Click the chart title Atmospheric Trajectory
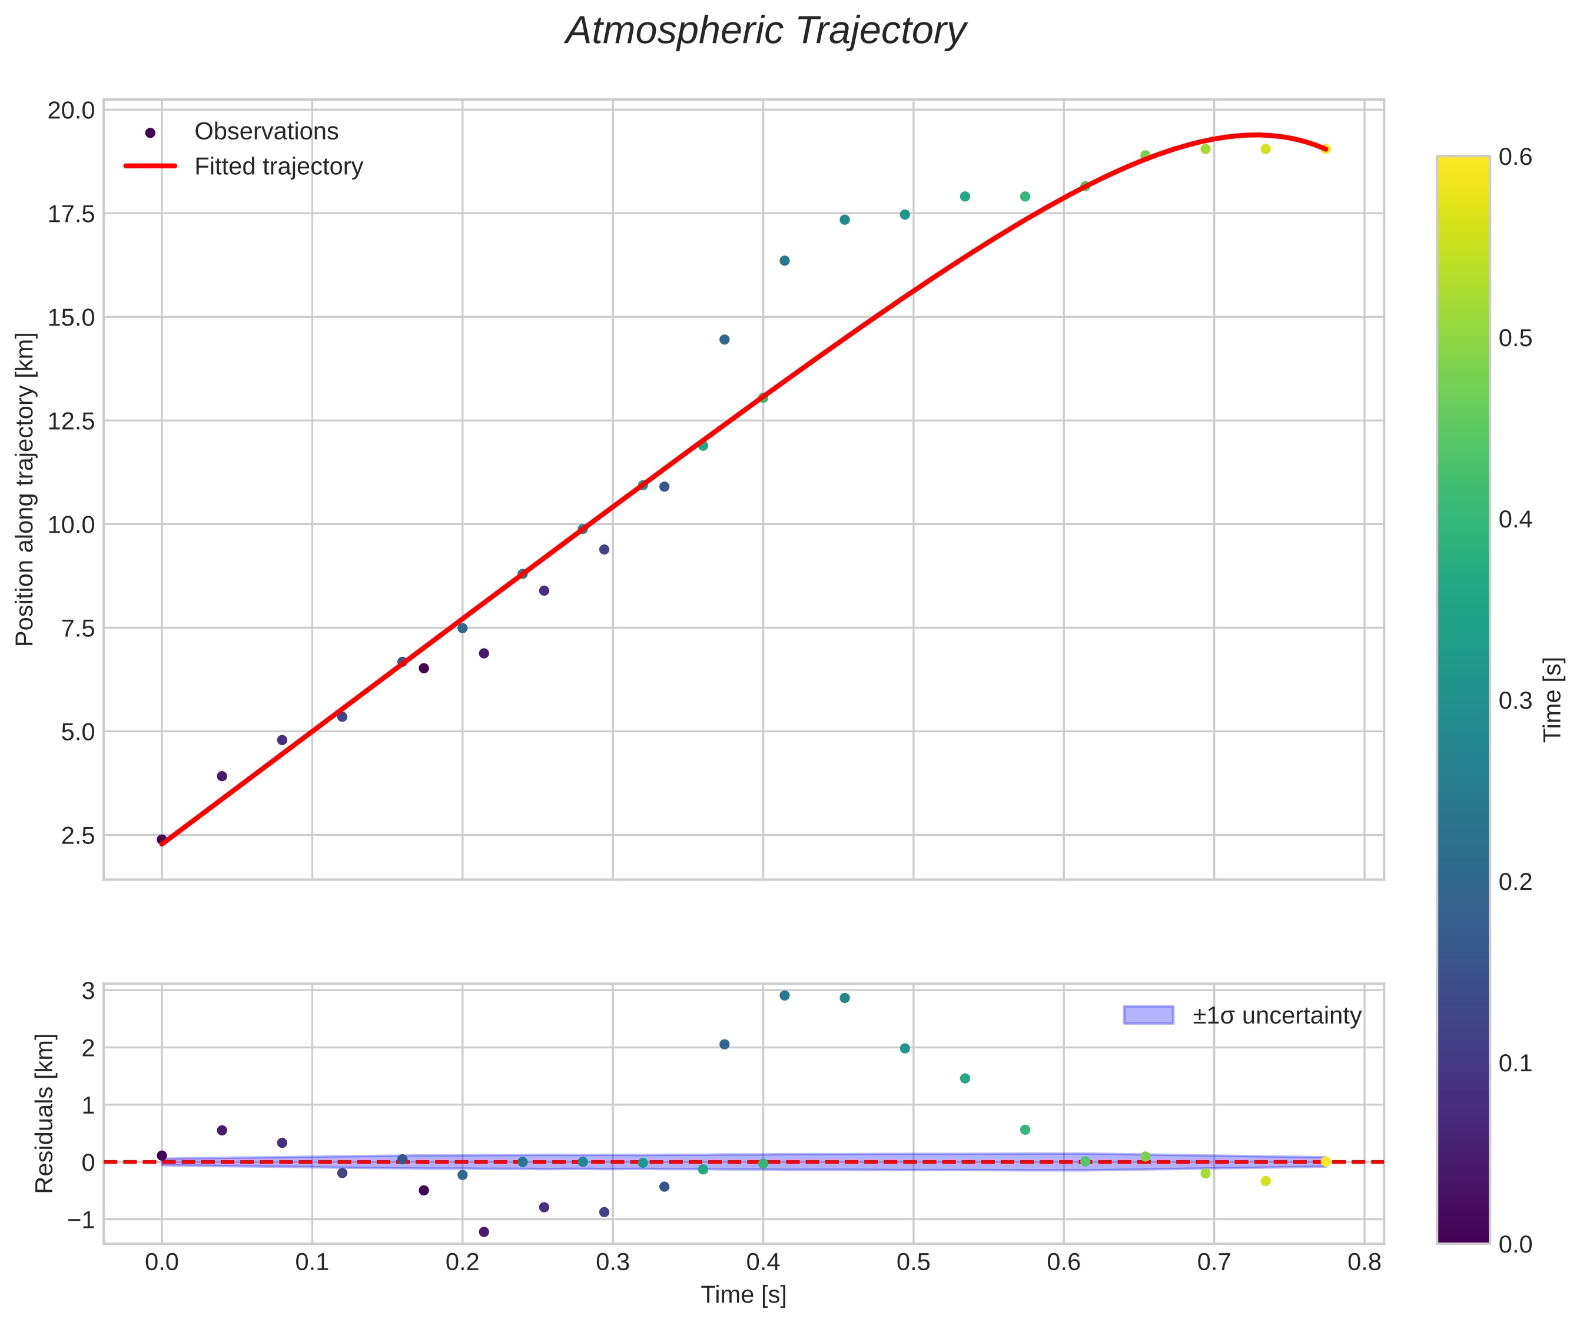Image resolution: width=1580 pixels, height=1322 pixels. point(766,32)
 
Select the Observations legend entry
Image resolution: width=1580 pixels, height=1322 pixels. point(265,132)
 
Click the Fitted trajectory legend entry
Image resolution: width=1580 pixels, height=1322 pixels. point(278,167)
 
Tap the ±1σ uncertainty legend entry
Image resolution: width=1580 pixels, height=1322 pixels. point(1276,1016)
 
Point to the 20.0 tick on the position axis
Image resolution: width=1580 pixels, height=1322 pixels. point(71,111)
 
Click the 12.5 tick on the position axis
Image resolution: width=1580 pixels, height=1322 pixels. point(71,421)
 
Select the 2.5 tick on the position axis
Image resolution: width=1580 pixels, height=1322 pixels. point(78,836)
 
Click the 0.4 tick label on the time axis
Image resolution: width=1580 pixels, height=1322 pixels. point(763,1263)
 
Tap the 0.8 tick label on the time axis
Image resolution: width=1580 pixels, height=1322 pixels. point(1364,1263)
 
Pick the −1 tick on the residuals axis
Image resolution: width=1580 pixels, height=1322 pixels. point(81,1220)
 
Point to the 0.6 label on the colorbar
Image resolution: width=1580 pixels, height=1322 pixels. point(1515,157)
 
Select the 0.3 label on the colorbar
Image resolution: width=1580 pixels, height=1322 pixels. point(1515,700)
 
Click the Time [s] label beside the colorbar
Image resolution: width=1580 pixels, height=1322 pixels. point(1553,700)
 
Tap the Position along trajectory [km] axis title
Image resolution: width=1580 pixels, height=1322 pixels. point(25,489)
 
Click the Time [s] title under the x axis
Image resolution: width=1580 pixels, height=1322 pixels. point(743,1295)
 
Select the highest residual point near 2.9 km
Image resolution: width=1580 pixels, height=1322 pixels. point(785,995)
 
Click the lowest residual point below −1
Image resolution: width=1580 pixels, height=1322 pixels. point(484,1232)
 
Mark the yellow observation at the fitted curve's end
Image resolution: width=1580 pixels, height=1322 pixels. point(1326,149)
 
